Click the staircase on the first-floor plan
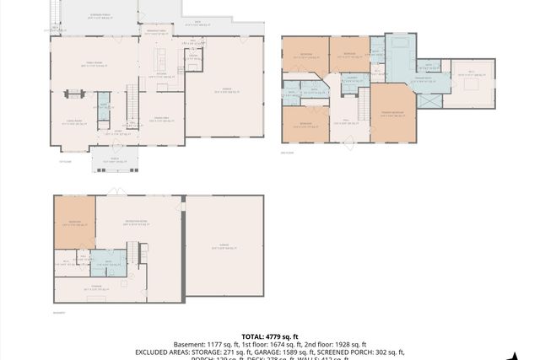131,105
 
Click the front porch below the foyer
108,158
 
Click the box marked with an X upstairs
429,100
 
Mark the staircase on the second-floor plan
362,107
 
